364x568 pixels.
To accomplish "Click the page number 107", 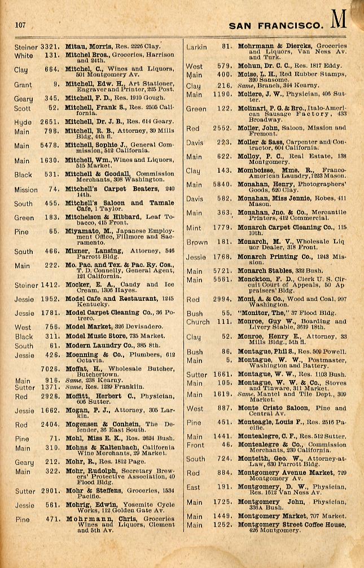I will pos(21,24).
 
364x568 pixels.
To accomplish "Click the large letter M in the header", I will pos(339,21).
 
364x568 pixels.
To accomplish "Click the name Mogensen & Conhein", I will pos(103,424).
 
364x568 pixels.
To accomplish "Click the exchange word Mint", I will pos(194,228).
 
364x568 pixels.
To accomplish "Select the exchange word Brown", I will pos(197,242).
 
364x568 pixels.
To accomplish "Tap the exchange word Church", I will pos(198,322).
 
